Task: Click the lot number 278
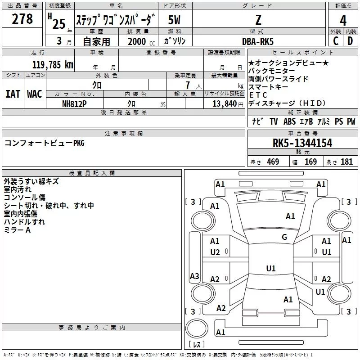click(x=22, y=18)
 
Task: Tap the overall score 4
click(x=343, y=20)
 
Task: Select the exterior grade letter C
click(x=336, y=41)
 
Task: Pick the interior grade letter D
click(x=350, y=41)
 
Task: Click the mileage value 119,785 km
click(x=53, y=64)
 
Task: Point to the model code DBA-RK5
click(x=258, y=41)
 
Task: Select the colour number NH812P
click(x=74, y=104)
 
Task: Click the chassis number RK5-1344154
click(x=302, y=143)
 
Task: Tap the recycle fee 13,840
click(x=224, y=103)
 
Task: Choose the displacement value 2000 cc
click(x=141, y=41)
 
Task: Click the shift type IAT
click(x=13, y=94)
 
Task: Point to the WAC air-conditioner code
click(x=35, y=94)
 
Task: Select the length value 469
click(x=273, y=162)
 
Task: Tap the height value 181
click(x=346, y=162)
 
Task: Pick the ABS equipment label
click(x=289, y=121)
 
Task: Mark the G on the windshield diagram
click(x=284, y=237)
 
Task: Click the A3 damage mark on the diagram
click(x=194, y=276)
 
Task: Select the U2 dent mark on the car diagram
click(x=215, y=252)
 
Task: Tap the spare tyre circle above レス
click(x=197, y=328)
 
